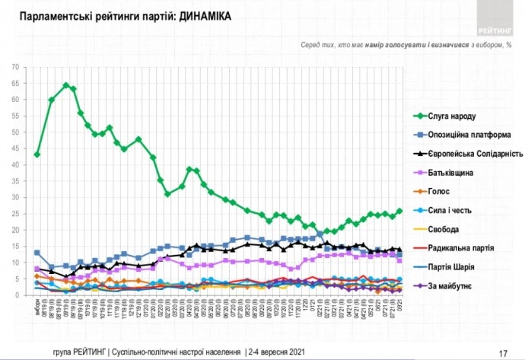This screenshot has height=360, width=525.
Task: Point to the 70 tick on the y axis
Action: pos(15,67)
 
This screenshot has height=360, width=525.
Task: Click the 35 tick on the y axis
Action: pos(15,181)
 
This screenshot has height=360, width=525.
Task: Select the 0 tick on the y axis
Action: pos(17,295)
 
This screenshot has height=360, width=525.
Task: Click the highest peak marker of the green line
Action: pos(66,85)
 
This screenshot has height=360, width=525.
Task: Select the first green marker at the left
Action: pos(37,155)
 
